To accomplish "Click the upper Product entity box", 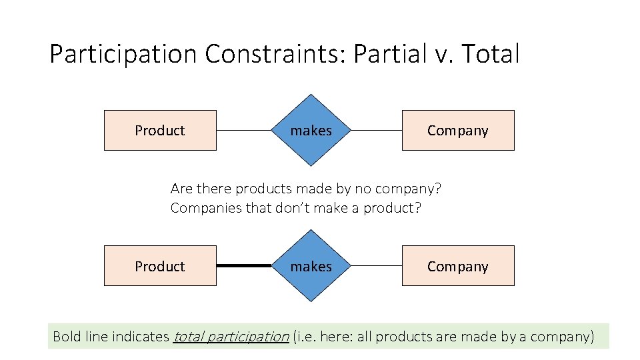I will [x=160, y=130].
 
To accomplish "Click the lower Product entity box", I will [x=160, y=266].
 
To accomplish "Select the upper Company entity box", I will [x=458, y=130].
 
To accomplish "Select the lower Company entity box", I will [x=458, y=266].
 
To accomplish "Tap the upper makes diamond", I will [x=311, y=130].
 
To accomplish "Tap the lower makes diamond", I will [x=311, y=266].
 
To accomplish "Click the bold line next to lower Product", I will [x=244, y=265].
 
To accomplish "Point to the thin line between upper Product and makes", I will [x=244, y=130].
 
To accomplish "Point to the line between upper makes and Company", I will [x=376, y=130].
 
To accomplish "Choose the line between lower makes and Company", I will [x=376, y=266].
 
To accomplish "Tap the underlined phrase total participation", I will [x=231, y=336].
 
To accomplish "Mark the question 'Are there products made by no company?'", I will [x=306, y=189].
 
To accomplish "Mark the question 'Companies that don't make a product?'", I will [x=296, y=207].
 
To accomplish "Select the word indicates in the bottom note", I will [x=140, y=336].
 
